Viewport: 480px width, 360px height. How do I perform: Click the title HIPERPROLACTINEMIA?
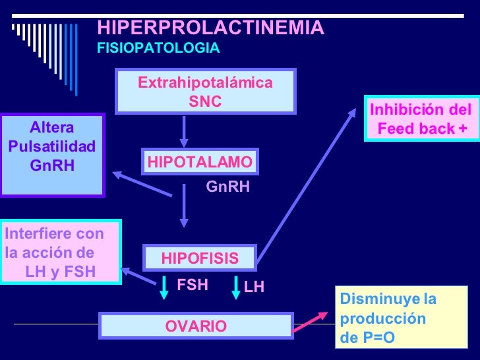click(x=210, y=28)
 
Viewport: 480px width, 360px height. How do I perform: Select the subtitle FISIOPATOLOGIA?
click(x=158, y=49)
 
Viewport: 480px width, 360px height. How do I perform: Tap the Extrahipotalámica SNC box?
click(x=205, y=92)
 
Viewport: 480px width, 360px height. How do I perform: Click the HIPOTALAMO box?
click(x=200, y=162)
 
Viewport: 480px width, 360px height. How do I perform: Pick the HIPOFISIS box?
click(x=200, y=258)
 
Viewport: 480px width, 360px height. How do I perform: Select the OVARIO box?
click(x=196, y=326)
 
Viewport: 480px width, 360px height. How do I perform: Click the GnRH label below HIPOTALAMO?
click(x=228, y=187)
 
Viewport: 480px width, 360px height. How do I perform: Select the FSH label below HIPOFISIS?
click(x=193, y=285)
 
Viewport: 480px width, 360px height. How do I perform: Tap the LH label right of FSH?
click(x=254, y=287)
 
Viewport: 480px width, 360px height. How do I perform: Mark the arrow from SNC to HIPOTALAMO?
click(x=185, y=132)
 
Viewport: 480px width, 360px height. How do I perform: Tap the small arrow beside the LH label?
click(x=235, y=289)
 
